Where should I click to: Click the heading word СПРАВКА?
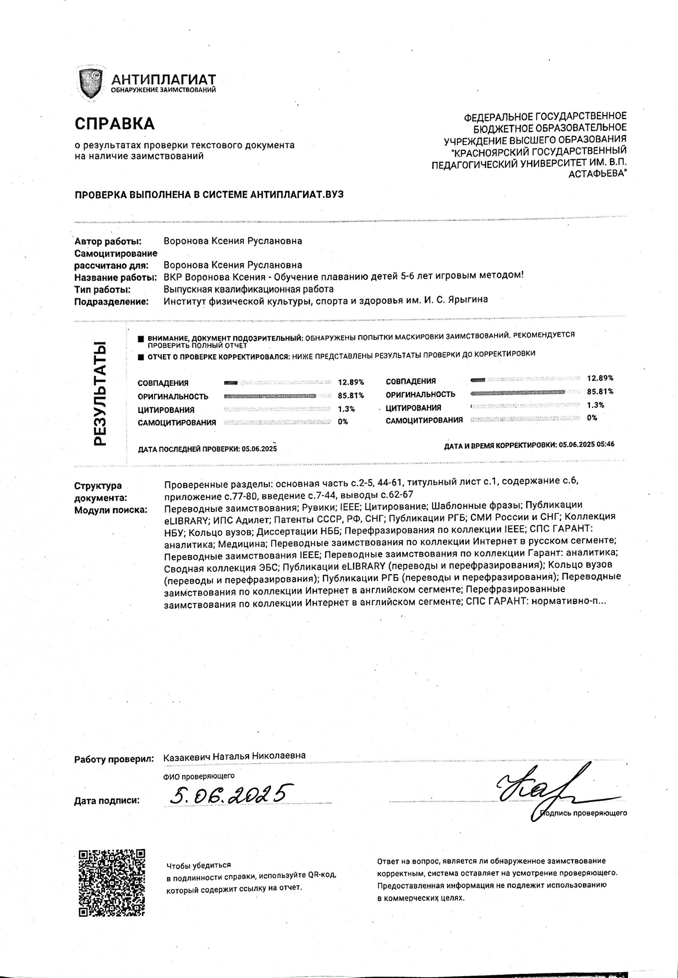[x=115, y=124]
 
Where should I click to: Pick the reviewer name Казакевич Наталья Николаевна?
[x=234, y=756]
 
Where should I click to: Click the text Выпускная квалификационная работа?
[x=248, y=289]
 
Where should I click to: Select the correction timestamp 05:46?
[x=605, y=445]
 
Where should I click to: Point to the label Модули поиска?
[x=111, y=510]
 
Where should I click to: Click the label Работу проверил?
[x=113, y=759]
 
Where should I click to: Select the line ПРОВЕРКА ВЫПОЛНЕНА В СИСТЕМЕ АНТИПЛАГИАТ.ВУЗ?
[x=209, y=195]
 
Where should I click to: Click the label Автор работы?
[x=108, y=241]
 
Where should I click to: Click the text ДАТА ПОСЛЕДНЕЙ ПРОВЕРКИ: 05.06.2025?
[x=207, y=449]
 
